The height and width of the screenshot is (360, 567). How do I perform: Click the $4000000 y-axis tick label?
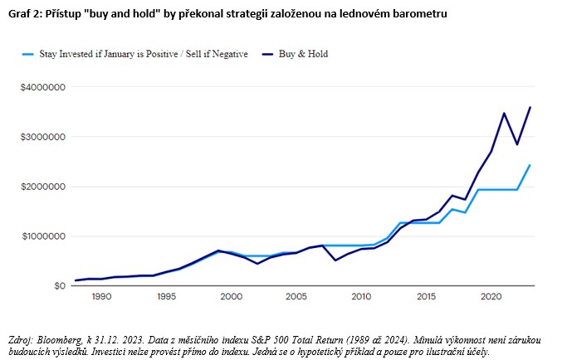pyautogui.click(x=44, y=87)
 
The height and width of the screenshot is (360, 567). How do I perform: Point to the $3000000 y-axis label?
pyautogui.click(x=44, y=137)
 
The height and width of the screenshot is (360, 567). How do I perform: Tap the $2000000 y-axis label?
pyautogui.click(x=44, y=187)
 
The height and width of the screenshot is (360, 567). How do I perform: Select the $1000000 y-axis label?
pyautogui.click(x=44, y=236)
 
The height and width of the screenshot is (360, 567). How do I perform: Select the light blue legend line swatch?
pyautogui.click(x=31, y=54)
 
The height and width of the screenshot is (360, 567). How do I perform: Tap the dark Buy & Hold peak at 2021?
pyautogui.click(x=504, y=113)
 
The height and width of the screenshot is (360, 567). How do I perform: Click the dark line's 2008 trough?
pyautogui.click(x=335, y=260)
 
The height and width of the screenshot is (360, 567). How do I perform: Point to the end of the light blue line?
pyautogui.click(x=530, y=165)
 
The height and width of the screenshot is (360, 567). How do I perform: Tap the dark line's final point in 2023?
pyautogui.click(x=530, y=107)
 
